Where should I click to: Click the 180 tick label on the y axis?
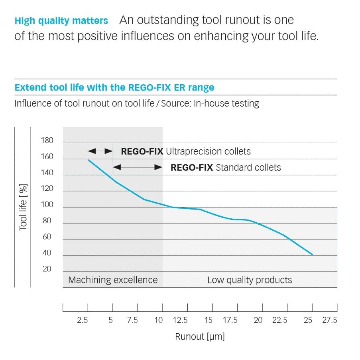tap(47, 140)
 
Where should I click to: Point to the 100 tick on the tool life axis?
tap(47, 205)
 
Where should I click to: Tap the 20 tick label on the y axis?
tap(47, 269)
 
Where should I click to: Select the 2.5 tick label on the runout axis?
tap(82, 320)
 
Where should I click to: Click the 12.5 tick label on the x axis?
tap(180, 320)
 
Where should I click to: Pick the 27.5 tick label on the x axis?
tap(329, 320)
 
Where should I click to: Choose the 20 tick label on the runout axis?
tap(258, 320)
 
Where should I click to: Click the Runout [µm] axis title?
tap(200, 337)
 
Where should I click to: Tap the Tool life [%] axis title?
tap(23, 207)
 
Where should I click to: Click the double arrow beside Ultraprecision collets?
tap(100, 151)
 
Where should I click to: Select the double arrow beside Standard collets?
tap(138, 167)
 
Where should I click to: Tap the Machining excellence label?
tap(113, 280)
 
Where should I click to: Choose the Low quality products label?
tap(250, 280)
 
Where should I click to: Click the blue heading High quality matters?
tap(61, 20)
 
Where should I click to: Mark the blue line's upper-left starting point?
tap(88, 160)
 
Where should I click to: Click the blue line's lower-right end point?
tap(313, 255)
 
